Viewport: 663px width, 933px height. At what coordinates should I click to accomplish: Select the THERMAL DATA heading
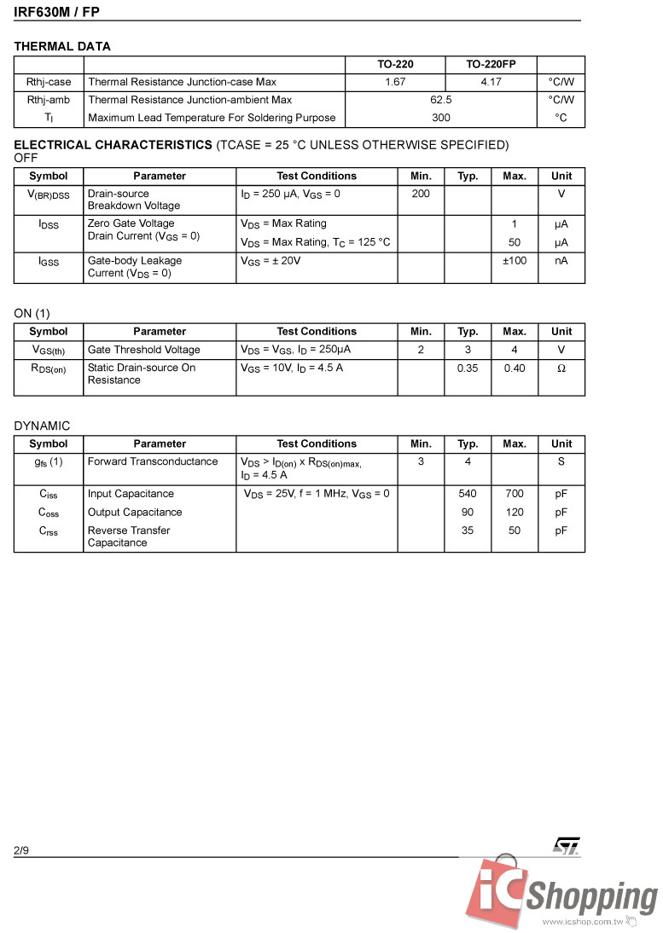(x=62, y=46)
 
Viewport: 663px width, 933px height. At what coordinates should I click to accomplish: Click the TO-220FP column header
(x=491, y=65)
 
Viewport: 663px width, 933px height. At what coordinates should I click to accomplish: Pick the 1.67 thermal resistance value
(x=395, y=82)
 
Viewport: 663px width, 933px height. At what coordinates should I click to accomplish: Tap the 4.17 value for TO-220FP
(x=491, y=82)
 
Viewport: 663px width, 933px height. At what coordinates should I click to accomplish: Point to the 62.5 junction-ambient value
(x=441, y=100)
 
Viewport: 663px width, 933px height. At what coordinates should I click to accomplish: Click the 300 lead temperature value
(x=441, y=118)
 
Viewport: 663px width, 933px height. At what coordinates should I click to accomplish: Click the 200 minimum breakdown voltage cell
(x=421, y=194)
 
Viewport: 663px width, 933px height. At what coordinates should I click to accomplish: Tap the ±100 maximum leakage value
(x=515, y=260)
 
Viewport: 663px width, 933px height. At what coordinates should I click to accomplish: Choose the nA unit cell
(x=561, y=260)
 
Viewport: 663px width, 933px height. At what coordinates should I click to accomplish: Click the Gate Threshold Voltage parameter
(x=144, y=350)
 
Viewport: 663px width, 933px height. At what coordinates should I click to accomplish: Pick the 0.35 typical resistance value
(x=468, y=368)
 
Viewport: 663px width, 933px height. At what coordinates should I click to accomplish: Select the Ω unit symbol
(x=561, y=368)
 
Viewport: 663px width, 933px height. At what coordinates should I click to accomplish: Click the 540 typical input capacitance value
(x=468, y=494)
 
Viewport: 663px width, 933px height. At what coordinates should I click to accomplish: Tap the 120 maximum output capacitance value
(x=515, y=513)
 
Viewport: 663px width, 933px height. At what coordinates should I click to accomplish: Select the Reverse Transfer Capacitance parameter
(x=129, y=536)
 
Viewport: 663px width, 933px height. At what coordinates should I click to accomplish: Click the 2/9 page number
(x=21, y=850)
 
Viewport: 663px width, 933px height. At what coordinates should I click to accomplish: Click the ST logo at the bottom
(x=567, y=845)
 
